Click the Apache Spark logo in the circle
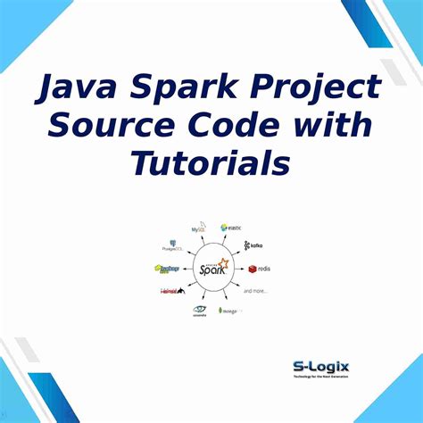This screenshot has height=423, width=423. [x=212, y=267]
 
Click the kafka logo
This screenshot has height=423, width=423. [x=252, y=245]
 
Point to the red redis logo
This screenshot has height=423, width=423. [x=258, y=268]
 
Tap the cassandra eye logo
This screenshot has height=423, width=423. [x=200, y=311]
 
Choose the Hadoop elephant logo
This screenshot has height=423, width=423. [x=167, y=269]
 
